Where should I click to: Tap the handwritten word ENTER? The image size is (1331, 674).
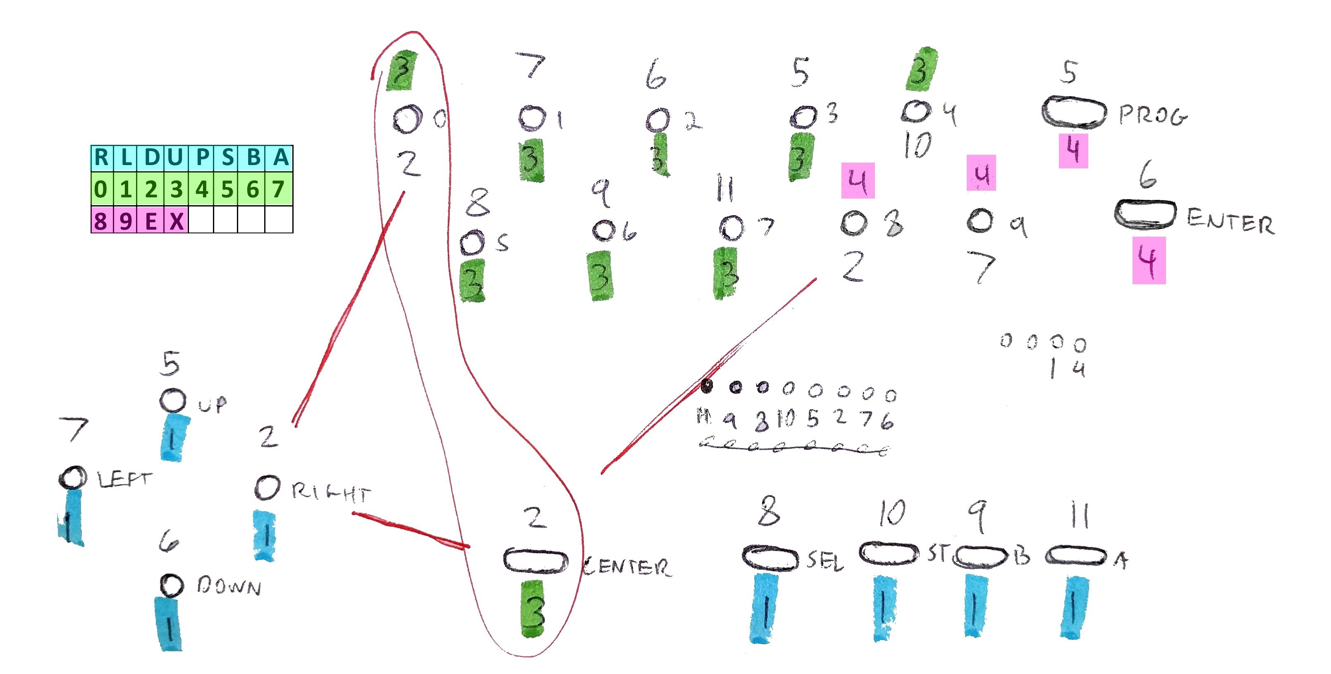(x=1230, y=222)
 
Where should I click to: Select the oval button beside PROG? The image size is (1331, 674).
(x=1074, y=112)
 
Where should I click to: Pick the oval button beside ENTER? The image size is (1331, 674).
(x=1145, y=213)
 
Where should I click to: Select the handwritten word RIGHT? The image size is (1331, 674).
(x=331, y=493)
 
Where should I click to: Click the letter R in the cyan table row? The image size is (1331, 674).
(x=102, y=158)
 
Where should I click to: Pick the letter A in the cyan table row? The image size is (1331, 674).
(x=280, y=158)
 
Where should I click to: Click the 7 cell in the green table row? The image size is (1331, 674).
(x=279, y=189)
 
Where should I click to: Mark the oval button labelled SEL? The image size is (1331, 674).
(x=770, y=558)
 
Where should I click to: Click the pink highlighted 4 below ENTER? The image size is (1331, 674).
(x=1149, y=261)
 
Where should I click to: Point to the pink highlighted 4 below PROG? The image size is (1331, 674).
(x=1073, y=151)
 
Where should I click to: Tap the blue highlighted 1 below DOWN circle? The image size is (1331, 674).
(x=169, y=624)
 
